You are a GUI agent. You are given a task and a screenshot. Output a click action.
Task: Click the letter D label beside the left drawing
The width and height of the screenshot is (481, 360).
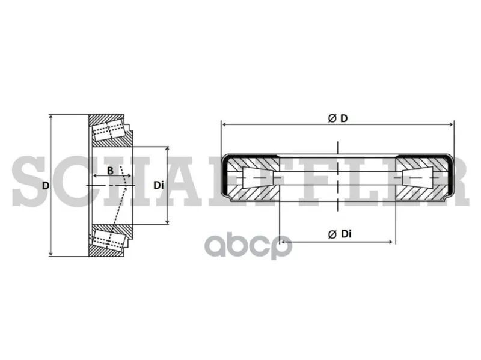[46, 186]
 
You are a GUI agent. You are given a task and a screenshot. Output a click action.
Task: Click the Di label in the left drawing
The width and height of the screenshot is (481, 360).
[158, 185]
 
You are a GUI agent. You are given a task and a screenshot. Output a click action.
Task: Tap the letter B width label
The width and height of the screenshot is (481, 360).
[110, 171]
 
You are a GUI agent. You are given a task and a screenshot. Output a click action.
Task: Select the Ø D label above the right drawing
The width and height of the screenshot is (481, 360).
[338, 118]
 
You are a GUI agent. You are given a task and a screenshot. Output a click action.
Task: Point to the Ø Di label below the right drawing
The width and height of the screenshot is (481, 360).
[340, 234]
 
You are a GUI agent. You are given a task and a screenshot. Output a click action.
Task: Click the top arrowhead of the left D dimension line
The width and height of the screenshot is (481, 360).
[51, 117]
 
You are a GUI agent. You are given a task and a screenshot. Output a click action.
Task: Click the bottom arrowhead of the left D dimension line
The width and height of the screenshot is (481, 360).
[51, 253]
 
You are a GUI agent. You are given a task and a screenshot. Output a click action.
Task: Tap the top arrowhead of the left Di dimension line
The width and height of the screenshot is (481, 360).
[167, 149]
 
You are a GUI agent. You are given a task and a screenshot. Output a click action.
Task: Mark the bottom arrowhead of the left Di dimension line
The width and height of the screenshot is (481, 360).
[167, 221]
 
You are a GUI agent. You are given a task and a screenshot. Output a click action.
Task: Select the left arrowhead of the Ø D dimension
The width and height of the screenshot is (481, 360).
[224, 124]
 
